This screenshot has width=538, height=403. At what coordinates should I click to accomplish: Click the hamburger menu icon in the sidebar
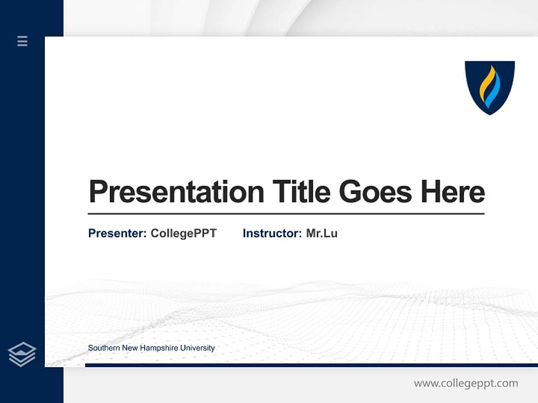22,41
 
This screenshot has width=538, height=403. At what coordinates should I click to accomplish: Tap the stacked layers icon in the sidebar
22,354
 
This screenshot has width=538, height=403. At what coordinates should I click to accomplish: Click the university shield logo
489,87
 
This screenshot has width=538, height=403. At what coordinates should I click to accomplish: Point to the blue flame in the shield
493,92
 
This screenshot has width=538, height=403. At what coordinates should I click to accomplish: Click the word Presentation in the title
176,192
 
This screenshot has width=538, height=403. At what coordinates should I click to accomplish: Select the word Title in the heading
302,192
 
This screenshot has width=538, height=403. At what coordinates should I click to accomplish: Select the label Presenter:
117,233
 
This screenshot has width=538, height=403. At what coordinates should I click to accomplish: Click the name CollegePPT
183,233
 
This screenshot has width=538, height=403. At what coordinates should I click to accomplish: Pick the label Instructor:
272,233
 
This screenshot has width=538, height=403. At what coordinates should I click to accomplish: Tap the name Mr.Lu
322,233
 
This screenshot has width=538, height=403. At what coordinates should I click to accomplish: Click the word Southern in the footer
103,348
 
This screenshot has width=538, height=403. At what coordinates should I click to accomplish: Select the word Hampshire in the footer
159,348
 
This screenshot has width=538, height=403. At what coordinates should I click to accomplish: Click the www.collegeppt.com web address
466,383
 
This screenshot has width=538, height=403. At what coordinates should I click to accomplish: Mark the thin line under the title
286,214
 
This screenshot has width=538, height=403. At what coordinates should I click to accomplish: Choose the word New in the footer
129,348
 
